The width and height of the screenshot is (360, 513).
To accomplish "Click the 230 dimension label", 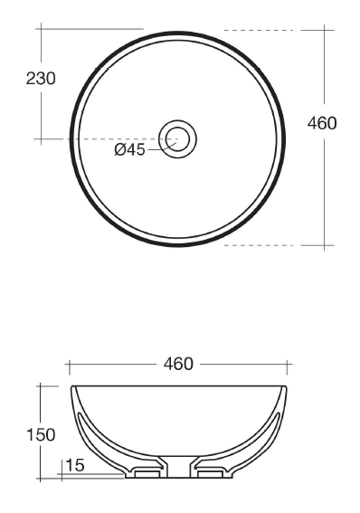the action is (x=41, y=79).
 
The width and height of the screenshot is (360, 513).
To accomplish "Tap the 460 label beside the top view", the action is (x=322, y=123).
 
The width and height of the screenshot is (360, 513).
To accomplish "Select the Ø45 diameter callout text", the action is (x=130, y=150).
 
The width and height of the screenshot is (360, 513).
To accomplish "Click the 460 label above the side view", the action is (x=178, y=364).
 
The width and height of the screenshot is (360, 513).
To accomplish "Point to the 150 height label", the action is (x=41, y=435).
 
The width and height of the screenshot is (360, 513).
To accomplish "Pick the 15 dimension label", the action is (x=75, y=465).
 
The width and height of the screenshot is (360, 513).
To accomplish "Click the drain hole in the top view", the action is (x=177, y=139).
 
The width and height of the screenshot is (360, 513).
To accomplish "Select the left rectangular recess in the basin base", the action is (x=147, y=474).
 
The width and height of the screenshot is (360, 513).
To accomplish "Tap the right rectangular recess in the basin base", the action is (x=210, y=474).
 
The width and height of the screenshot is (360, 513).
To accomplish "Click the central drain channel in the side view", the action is (x=178, y=467).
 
